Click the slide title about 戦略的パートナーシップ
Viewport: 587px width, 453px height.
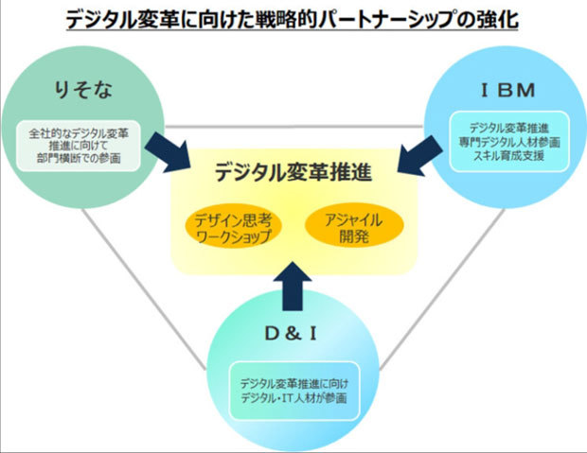[x=293, y=19]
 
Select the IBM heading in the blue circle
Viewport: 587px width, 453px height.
[x=501, y=92]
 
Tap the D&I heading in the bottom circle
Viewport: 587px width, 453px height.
[x=293, y=333]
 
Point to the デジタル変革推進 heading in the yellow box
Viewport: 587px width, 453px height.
[x=293, y=173]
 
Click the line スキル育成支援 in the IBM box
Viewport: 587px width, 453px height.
[x=502, y=155]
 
